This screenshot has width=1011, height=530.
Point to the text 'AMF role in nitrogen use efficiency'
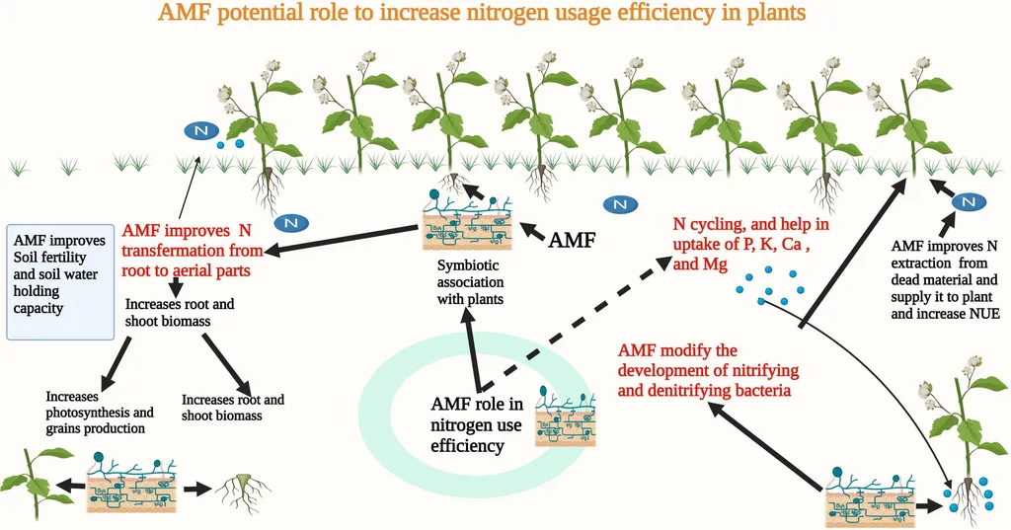coord(476,424)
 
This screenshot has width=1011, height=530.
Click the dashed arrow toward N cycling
coord(574,325)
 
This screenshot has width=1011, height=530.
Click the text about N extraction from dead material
coord(945,279)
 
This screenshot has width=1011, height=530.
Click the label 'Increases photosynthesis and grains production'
coord(114,413)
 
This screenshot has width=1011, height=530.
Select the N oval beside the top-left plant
coord(200,131)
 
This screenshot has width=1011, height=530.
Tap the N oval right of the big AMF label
coord(619,204)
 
